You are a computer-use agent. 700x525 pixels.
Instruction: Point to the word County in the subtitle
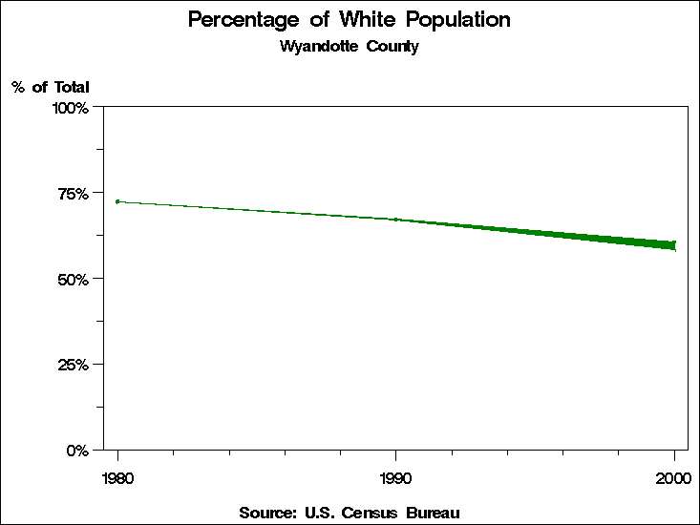click(x=391, y=46)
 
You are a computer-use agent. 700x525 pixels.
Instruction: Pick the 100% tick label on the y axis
click(x=71, y=108)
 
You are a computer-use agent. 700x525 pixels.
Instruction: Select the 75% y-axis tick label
click(x=74, y=194)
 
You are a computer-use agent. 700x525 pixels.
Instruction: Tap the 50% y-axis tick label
click(x=74, y=279)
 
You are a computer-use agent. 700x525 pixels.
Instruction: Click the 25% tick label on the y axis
click(x=74, y=365)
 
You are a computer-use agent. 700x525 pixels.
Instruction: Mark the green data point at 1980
click(x=117, y=201)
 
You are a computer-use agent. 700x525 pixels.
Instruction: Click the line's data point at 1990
click(x=395, y=220)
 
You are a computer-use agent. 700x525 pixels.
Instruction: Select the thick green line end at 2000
click(x=673, y=245)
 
